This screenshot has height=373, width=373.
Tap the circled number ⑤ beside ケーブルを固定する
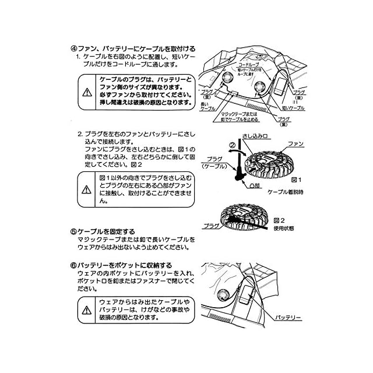pos(73,231)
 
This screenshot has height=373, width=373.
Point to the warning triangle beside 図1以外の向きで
pos(87,189)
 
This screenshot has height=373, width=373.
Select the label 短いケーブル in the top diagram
pos(293,108)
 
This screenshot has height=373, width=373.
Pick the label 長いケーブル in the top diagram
pos(208,105)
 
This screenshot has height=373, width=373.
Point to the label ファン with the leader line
pos(296,143)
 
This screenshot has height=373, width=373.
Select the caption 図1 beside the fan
pos(295,180)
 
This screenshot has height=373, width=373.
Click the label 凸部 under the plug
pos(254,185)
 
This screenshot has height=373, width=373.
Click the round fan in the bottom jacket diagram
pos(223,294)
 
